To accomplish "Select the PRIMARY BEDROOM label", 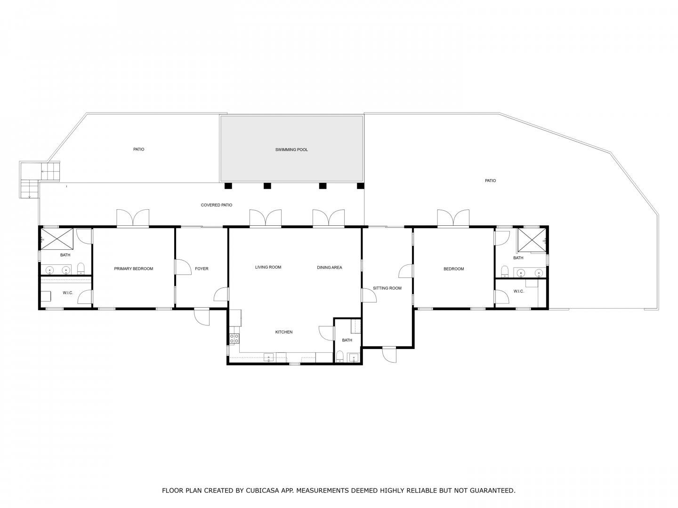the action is click(133, 269).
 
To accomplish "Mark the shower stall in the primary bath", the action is click(57, 238).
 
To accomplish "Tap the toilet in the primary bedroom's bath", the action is click(81, 268).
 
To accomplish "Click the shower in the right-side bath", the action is click(531, 240).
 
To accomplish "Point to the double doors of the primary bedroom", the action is click(133, 218).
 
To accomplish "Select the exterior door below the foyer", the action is click(202, 317).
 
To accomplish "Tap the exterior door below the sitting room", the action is click(389, 355).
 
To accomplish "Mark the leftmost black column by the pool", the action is click(228, 186).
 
